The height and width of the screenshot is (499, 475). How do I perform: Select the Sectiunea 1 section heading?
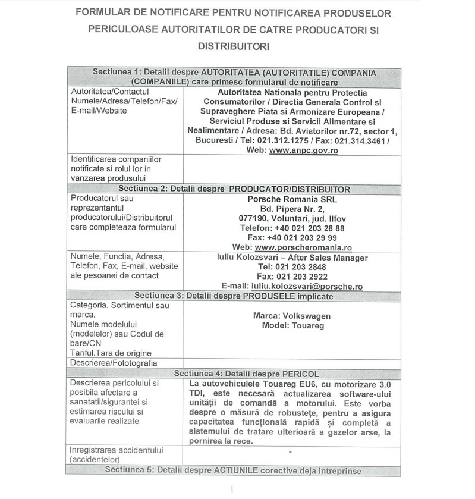coord(234,77)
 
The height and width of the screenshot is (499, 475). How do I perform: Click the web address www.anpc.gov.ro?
coord(303,151)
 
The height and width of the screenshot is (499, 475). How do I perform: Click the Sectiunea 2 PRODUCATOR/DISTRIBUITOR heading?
coord(234,189)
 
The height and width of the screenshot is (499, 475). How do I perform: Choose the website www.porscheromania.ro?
coord(303,247)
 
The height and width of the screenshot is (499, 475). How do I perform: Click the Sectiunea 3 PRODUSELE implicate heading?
coord(234,295)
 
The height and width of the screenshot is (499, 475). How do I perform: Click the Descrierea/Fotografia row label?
coord(114,362)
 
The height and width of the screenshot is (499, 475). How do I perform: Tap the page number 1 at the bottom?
coord(232,489)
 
